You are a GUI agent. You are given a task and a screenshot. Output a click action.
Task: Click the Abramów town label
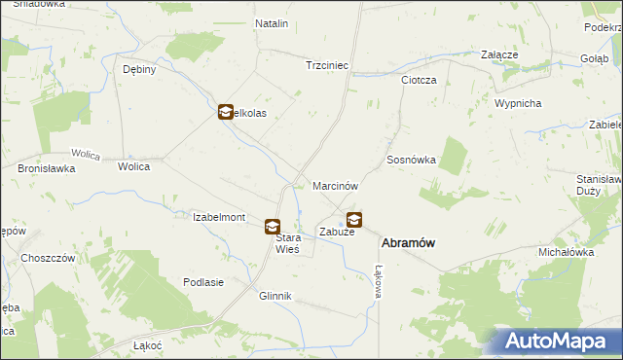coord(407,244)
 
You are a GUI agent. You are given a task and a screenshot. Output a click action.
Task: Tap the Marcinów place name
coord(336,185)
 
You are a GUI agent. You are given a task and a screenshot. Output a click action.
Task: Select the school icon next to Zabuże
coord(354,220)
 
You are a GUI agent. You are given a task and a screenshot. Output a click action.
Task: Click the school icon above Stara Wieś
coord(274,227)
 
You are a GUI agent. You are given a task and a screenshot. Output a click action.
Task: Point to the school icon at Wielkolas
coord(225,113)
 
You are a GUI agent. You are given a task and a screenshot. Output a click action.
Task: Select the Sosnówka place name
coord(411,159)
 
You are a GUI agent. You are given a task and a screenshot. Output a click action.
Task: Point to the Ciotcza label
coord(419,80)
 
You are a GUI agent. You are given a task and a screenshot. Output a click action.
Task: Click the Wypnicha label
coord(517,103)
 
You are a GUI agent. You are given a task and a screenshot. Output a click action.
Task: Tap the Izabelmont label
coord(219,217)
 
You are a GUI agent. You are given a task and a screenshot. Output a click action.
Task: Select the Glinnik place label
coord(275,296)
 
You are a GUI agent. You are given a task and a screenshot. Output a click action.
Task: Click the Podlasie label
coord(203,282)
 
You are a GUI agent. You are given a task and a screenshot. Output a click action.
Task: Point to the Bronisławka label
coord(47,167)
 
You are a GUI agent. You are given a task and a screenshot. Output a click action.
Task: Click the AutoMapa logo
coord(558,341)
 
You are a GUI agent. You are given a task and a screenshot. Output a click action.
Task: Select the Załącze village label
coord(498,55)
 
